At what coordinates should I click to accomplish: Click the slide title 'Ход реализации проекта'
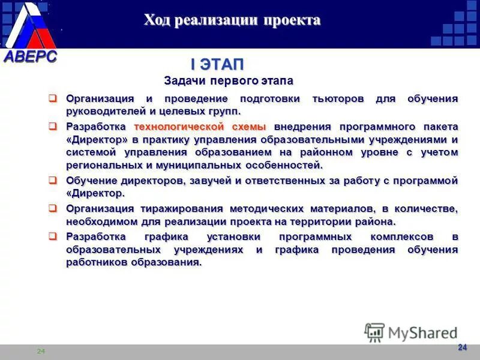click(x=232, y=20)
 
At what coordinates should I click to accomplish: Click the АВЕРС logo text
click(x=31, y=57)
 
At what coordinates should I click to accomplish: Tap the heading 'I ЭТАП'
click(x=217, y=64)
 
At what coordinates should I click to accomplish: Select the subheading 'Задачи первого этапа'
click(x=229, y=80)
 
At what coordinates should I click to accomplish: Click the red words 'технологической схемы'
click(x=200, y=127)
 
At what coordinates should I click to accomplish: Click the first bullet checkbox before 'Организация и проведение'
click(x=53, y=98)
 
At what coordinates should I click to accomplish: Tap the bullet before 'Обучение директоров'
click(x=53, y=180)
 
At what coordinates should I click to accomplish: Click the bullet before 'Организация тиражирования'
click(x=53, y=208)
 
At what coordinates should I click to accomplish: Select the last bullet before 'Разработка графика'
click(x=53, y=236)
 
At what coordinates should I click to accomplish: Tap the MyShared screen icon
click(x=374, y=332)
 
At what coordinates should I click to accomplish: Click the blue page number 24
click(x=462, y=347)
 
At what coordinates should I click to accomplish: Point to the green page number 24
click(x=41, y=351)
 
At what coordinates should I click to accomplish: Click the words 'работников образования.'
click(x=133, y=263)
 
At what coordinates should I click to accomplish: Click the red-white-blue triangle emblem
click(x=31, y=27)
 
